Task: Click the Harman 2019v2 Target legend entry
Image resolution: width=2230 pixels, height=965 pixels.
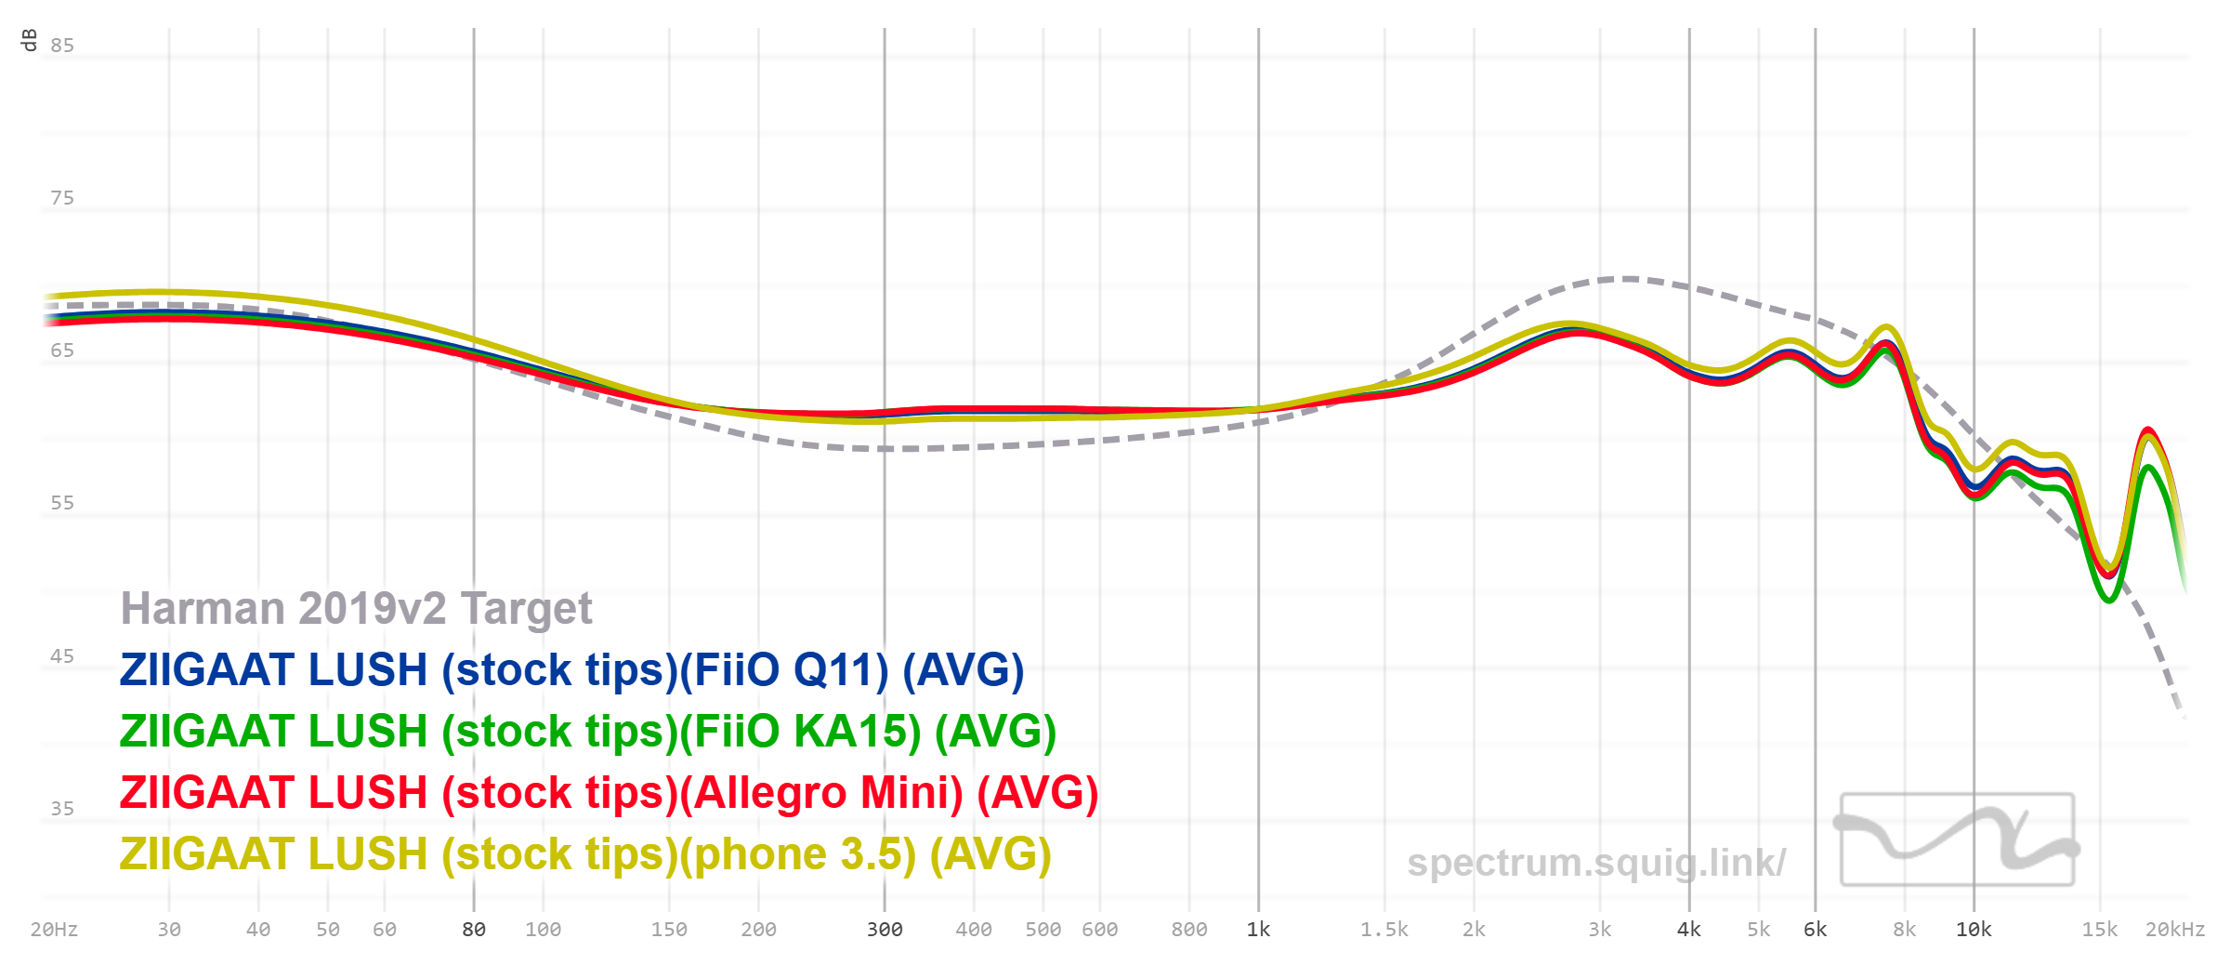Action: pyautogui.click(x=356, y=609)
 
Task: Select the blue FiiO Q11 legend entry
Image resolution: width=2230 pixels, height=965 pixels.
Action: pyautogui.click(x=571, y=670)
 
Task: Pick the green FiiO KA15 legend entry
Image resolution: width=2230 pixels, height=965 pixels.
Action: pyautogui.click(x=587, y=732)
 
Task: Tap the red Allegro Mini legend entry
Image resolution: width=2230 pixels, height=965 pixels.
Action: pyautogui.click(x=609, y=793)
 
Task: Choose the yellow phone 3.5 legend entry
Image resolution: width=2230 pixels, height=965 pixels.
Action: pyautogui.click(x=585, y=854)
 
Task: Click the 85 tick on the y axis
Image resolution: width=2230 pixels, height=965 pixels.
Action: pyautogui.click(x=62, y=46)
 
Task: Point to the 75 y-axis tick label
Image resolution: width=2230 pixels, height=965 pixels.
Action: pyautogui.click(x=62, y=198)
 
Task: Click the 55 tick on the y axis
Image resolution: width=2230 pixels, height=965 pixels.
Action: pyautogui.click(x=62, y=503)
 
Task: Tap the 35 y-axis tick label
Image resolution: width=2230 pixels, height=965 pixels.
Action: pyautogui.click(x=62, y=809)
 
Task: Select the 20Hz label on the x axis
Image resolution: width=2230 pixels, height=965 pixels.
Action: pyautogui.click(x=54, y=930)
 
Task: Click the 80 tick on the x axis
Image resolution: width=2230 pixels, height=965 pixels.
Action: pyautogui.click(x=474, y=930)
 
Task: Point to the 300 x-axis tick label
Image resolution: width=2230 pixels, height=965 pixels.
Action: pyautogui.click(x=885, y=930)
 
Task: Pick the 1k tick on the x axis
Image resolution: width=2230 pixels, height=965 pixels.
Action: pyautogui.click(x=1258, y=930)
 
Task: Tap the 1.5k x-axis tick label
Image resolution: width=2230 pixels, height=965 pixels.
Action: pyautogui.click(x=1384, y=930)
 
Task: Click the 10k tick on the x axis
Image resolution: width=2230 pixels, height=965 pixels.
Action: pyautogui.click(x=1974, y=930)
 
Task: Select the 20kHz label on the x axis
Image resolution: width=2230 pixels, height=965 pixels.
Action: pyautogui.click(x=2174, y=930)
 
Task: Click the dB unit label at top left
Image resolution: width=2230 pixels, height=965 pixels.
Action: pyautogui.click(x=30, y=40)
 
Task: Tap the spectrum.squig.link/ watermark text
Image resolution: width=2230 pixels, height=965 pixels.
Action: pyautogui.click(x=1595, y=863)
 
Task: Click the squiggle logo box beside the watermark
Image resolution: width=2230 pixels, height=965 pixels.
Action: pyautogui.click(x=1957, y=839)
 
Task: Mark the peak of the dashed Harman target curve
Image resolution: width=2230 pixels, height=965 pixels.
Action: pyautogui.click(x=1626, y=278)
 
